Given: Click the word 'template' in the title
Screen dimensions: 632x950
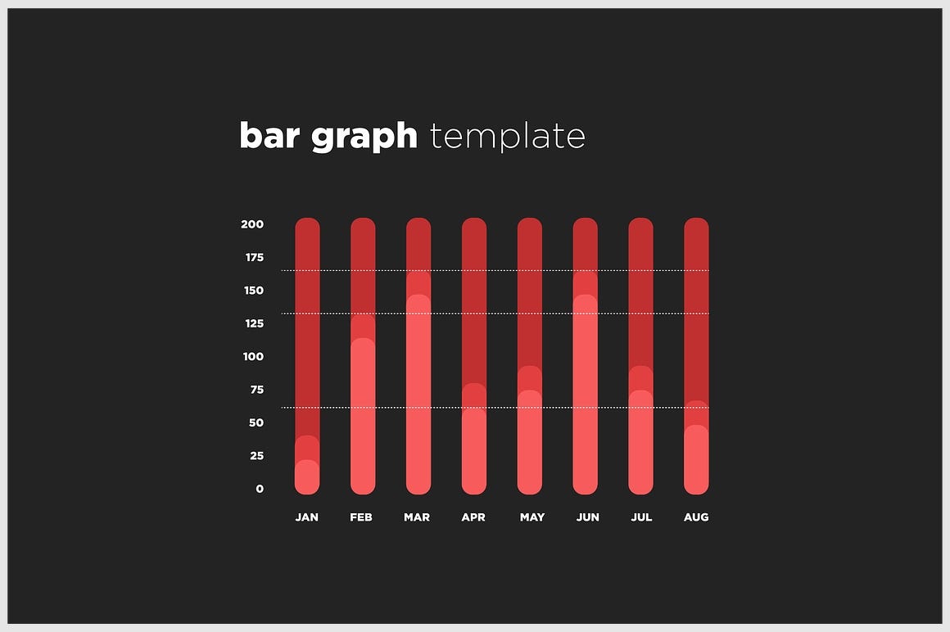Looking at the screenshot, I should coord(507,137).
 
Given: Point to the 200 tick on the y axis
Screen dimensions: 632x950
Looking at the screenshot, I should coord(252,224).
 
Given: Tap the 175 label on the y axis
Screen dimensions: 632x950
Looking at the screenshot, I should coord(254,258).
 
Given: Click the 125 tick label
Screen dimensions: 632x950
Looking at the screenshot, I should coord(254,323).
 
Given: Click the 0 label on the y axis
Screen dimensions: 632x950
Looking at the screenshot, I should coord(260,489).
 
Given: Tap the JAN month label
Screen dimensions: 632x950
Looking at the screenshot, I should coord(307,517).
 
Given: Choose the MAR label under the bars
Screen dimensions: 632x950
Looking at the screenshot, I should coord(417,517).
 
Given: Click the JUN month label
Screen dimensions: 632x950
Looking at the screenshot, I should coord(587,517).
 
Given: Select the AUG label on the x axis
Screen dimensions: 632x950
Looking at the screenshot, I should coord(696,517).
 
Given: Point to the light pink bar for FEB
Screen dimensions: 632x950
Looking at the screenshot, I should coord(363,418).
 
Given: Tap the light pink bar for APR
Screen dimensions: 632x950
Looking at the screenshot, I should coord(474,450).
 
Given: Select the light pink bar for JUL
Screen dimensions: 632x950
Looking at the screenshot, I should coord(640,442).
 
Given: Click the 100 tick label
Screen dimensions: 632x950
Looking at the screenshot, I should coord(254,357).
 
